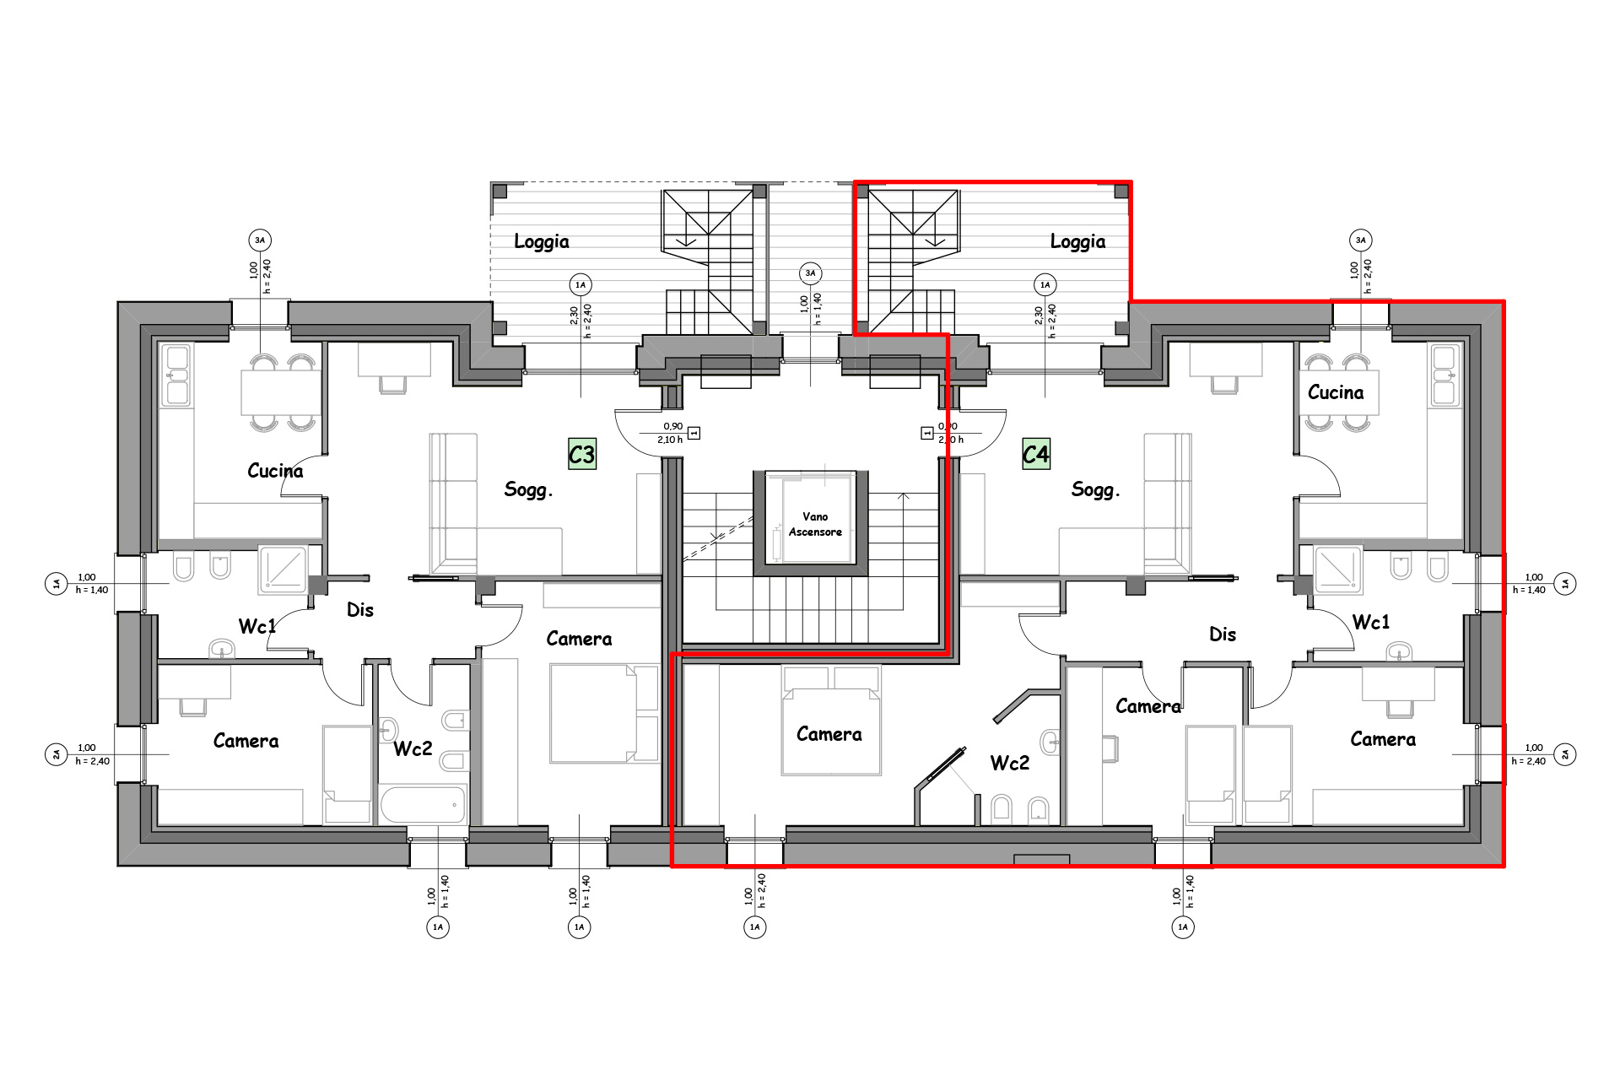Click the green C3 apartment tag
582,454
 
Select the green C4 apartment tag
1036,454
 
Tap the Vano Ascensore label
815,524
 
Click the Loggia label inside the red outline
1077,242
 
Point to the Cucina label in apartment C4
1336,392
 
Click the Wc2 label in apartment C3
413,748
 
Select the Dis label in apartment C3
360,610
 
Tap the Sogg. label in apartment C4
1095,489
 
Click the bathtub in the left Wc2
423,804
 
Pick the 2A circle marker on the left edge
57,754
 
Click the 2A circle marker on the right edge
1565,754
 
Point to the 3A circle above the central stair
810,273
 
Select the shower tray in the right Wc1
1338,569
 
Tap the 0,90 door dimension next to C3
672,426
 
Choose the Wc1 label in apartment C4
1370,623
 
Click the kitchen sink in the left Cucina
177,375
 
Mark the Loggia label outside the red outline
542,242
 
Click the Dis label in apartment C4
1223,634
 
